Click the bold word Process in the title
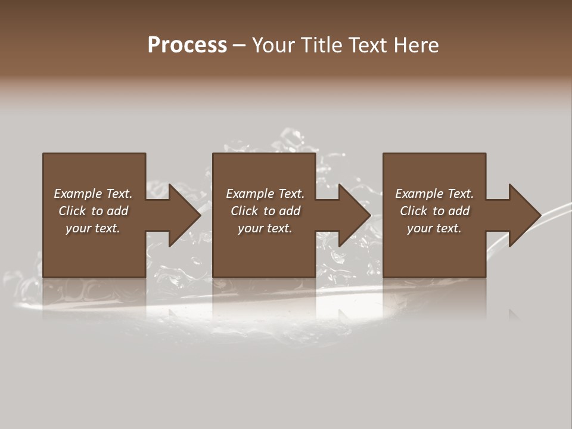click(187, 45)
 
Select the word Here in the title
click(417, 45)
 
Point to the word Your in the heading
click(273, 45)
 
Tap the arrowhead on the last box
click(524, 215)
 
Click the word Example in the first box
click(78, 194)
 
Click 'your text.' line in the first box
click(93, 228)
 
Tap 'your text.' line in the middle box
click(265, 228)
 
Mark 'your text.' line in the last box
click(434, 228)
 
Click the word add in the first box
click(118, 211)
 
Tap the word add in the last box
click(459, 211)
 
